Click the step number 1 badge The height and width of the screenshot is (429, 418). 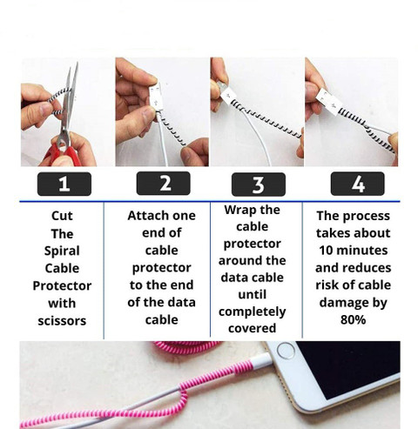(x=64, y=184)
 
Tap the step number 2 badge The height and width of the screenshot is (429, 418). (x=163, y=184)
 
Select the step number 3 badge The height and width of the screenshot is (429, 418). (x=259, y=184)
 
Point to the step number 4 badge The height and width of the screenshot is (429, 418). (x=357, y=184)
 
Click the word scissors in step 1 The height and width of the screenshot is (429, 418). (x=62, y=321)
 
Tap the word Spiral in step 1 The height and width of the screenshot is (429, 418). (x=62, y=251)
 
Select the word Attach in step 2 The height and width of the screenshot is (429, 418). (x=145, y=216)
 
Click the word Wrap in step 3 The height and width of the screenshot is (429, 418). (x=237, y=211)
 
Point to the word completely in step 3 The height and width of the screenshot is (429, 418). (x=253, y=312)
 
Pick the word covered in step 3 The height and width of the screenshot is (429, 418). (x=252, y=328)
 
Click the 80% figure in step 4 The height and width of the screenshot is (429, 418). (x=353, y=319)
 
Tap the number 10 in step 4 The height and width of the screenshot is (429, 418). (x=326, y=251)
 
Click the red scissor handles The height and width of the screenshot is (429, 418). (x=63, y=154)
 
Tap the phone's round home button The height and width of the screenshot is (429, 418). (x=286, y=351)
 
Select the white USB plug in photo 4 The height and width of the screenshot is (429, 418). (x=330, y=102)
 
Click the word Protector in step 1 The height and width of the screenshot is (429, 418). (x=62, y=286)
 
